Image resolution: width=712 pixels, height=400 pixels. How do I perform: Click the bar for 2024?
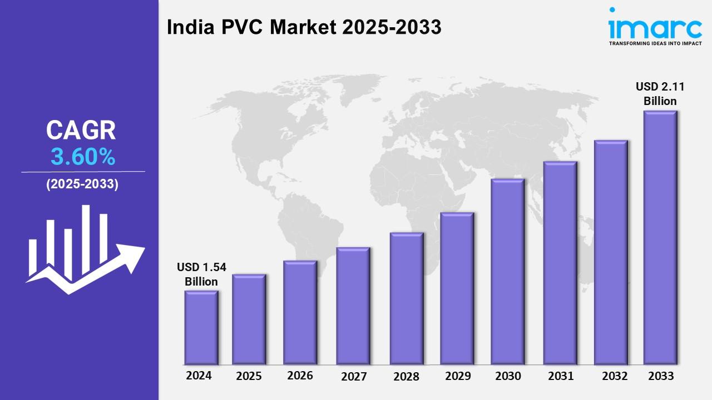coord(201,327)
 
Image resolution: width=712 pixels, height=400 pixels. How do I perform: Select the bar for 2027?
coord(353,306)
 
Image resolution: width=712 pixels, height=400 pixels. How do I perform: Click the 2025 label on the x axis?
coord(249,376)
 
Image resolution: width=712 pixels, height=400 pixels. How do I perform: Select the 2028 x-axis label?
coord(406,377)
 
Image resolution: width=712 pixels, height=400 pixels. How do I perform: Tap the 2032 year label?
coord(614,376)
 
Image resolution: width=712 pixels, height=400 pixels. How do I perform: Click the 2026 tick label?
coord(300,376)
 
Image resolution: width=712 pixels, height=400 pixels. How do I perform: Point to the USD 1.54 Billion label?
coord(201,274)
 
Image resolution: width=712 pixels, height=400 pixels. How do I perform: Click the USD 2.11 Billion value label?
coord(660,94)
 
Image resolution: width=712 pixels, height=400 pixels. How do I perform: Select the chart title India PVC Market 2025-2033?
coord(304,27)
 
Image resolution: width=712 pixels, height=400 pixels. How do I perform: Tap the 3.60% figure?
coord(83,158)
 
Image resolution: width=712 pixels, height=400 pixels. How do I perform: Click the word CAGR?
coord(81,131)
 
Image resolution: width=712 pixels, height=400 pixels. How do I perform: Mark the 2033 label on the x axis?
coord(661,376)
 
